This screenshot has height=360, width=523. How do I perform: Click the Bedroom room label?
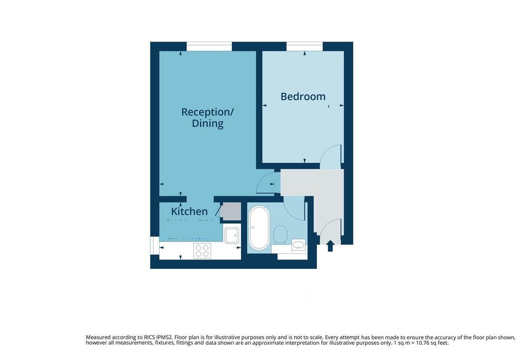pyautogui.click(x=303, y=96)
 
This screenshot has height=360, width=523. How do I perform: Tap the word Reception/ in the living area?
pyautogui.click(x=207, y=112)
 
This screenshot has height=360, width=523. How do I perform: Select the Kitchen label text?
pyautogui.click(x=189, y=211)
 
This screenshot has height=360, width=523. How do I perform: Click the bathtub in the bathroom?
pyautogui.click(x=259, y=227)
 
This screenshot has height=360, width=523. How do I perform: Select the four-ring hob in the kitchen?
pyautogui.click(x=202, y=250)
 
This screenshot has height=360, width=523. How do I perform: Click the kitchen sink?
pyautogui.click(x=231, y=235)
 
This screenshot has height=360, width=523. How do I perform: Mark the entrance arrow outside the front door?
pyautogui.click(x=330, y=246)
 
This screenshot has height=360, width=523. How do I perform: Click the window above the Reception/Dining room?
pyautogui.click(x=209, y=46)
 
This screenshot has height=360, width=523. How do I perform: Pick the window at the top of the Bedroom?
pyautogui.click(x=304, y=46)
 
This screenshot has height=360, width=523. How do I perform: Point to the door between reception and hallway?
pyautogui.click(x=267, y=183)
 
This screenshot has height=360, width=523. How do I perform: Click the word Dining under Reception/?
pyautogui.click(x=207, y=123)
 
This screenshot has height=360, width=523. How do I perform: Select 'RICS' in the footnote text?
pyautogui.click(x=145, y=337)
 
